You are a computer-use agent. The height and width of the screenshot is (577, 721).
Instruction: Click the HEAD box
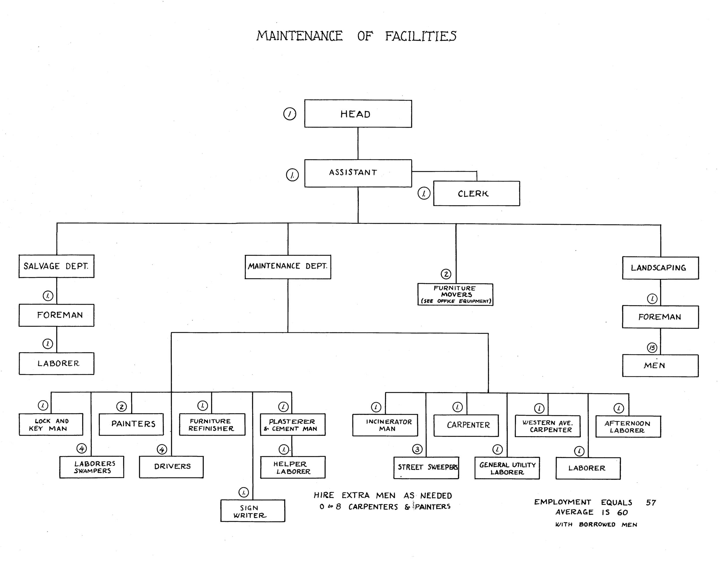358,114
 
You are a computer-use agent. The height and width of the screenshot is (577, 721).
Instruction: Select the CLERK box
476,193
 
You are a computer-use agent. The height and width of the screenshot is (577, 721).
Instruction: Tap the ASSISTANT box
358,173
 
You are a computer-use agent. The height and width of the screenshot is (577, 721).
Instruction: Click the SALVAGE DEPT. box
56,266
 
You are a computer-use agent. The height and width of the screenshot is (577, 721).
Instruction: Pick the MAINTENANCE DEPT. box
288,267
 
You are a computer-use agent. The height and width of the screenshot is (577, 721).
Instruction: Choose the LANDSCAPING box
660,268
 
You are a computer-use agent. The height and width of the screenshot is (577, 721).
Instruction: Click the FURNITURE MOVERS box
455,294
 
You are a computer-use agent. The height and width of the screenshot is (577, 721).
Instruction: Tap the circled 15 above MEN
652,348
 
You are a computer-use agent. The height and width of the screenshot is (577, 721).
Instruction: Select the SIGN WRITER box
252,511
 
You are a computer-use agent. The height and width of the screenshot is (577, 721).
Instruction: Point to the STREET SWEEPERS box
426,468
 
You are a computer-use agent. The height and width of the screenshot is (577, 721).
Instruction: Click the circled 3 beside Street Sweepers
417,449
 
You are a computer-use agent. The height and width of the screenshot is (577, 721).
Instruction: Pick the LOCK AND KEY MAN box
51,424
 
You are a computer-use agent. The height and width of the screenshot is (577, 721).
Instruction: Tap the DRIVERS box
171,467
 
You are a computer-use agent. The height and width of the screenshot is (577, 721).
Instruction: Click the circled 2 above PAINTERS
121,407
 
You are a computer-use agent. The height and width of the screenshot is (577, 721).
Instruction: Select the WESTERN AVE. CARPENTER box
547,426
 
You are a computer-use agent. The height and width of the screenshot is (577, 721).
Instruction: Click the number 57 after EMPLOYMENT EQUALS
651,502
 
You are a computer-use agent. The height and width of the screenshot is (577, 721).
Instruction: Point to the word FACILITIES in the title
420,36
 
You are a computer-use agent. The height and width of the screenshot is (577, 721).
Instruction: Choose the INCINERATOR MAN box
385,425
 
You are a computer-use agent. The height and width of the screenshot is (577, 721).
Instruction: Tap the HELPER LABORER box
293,467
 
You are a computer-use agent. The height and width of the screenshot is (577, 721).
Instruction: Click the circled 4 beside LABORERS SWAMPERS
82,448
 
